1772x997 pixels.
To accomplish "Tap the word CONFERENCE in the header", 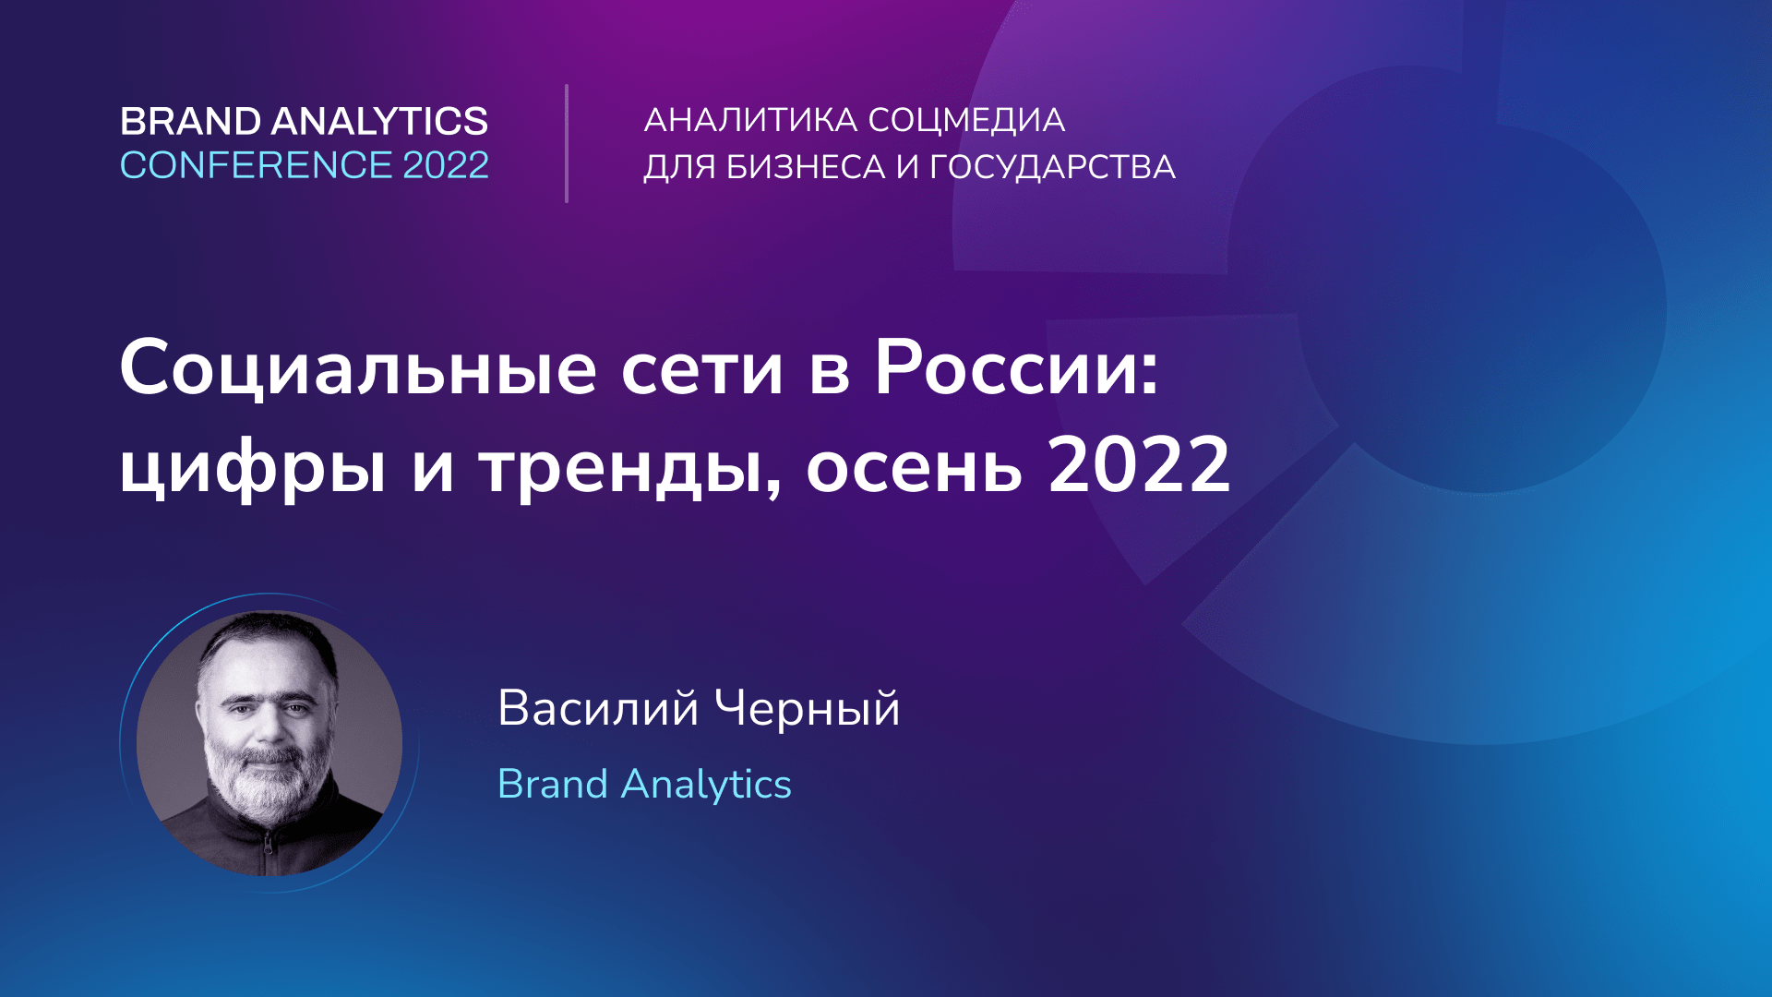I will [x=256, y=166].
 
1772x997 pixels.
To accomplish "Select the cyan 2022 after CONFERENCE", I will [x=446, y=166].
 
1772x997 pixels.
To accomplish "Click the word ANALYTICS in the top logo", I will [x=379, y=122].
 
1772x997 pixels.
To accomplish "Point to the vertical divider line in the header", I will [x=567, y=143].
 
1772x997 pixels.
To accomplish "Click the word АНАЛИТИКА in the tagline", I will [x=750, y=120].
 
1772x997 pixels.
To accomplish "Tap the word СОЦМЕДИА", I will [x=966, y=120].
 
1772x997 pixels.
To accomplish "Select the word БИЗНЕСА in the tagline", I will [x=806, y=167].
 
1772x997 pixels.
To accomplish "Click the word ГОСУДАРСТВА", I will [x=1052, y=167].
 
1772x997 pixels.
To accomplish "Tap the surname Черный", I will [x=808, y=709].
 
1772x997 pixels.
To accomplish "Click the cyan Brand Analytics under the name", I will [x=644, y=785].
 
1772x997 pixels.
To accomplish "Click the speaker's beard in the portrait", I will [x=263, y=785].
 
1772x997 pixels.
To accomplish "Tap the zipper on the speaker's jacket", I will [x=269, y=845].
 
